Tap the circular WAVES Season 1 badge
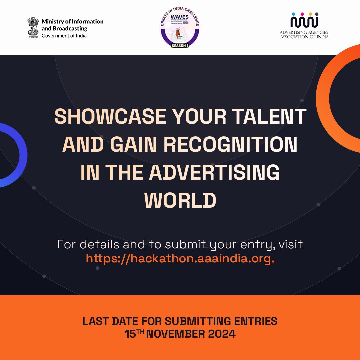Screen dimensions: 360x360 pos(180,27)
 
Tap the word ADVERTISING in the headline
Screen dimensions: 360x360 pos(214,173)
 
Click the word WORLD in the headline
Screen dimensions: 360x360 pos(180,201)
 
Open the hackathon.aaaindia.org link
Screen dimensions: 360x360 pos(180,258)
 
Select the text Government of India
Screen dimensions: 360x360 pos(64,36)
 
